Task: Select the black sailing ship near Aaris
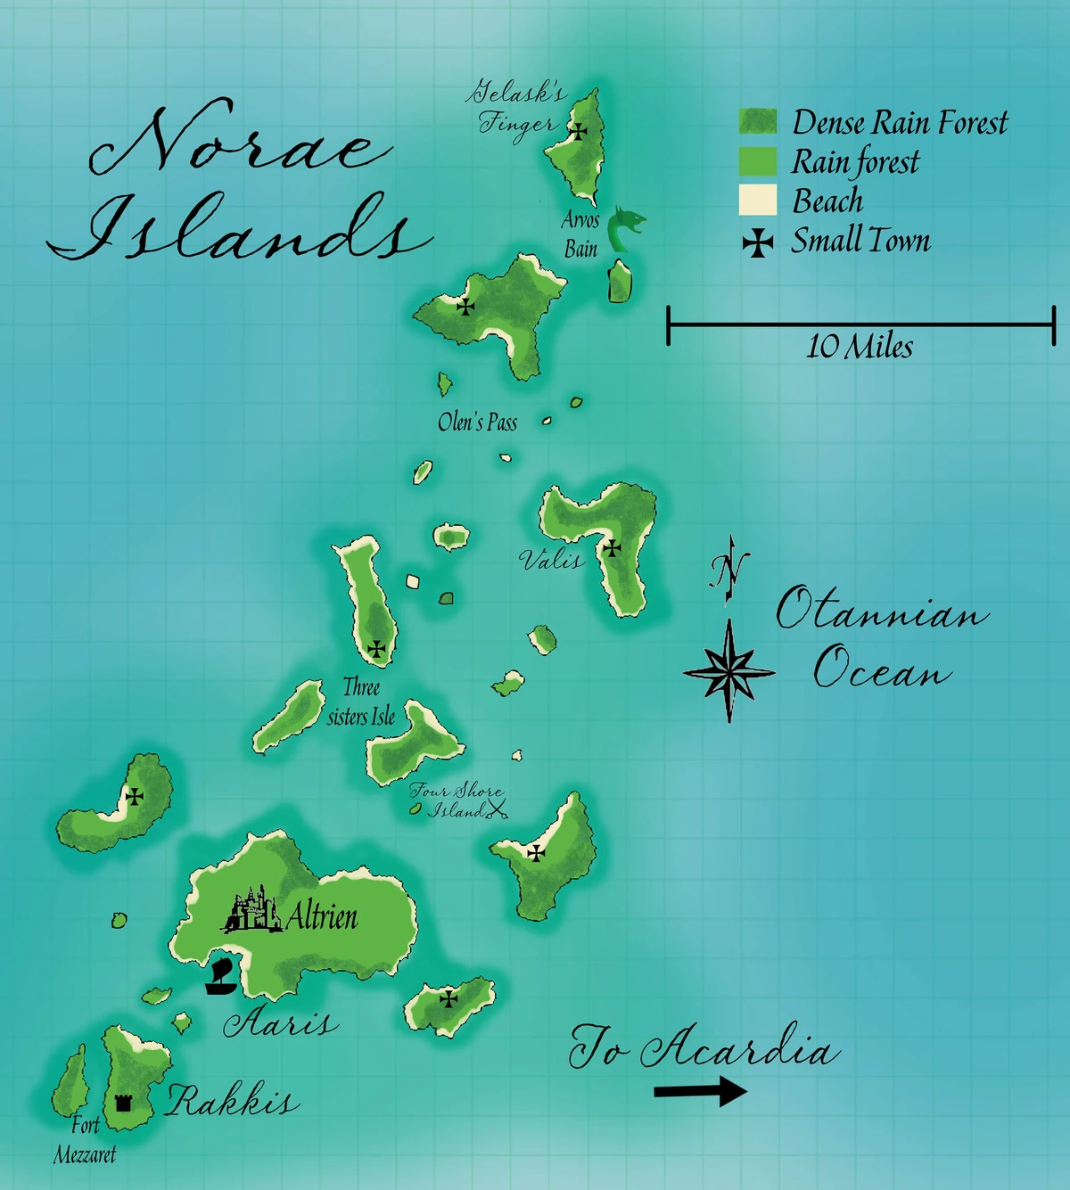pyautogui.click(x=220, y=979)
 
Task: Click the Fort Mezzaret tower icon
pyautogui.click(x=123, y=1103)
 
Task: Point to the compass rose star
pyautogui.click(x=729, y=671)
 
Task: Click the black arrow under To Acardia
pyautogui.click(x=700, y=1091)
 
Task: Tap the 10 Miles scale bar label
pyautogui.click(x=860, y=346)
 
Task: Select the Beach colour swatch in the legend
pyautogui.click(x=757, y=201)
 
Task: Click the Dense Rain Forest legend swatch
pyautogui.click(x=757, y=122)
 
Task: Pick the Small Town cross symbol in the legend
pyautogui.click(x=758, y=242)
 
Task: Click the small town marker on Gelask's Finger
pyautogui.click(x=579, y=132)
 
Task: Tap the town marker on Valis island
pyautogui.click(x=613, y=547)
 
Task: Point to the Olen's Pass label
pyautogui.click(x=477, y=422)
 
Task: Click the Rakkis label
pyautogui.click(x=232, y=1102)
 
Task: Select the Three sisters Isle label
pyautogui.click(x=361, y=702)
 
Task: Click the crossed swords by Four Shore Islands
pyautogui.click(x=497, y=809)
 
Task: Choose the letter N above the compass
pyautogui.click(x=728, y=567)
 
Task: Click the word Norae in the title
pyautogui.click(x=241, y=143)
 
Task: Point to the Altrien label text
pyautogui.click(x=322, y=915)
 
